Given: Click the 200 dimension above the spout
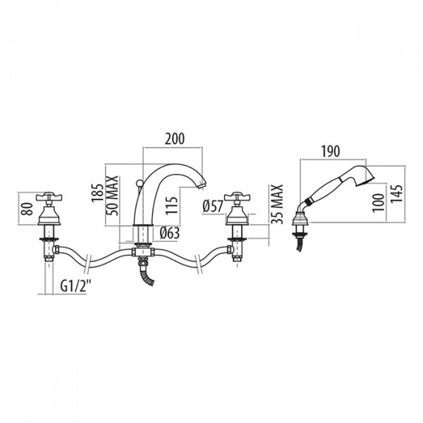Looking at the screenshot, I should point(174,139).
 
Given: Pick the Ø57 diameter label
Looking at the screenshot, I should point(212,207).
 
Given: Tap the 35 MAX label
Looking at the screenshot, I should point(277,203).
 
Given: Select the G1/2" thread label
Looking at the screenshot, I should point(74,286).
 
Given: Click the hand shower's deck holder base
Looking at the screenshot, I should point(299,227).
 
